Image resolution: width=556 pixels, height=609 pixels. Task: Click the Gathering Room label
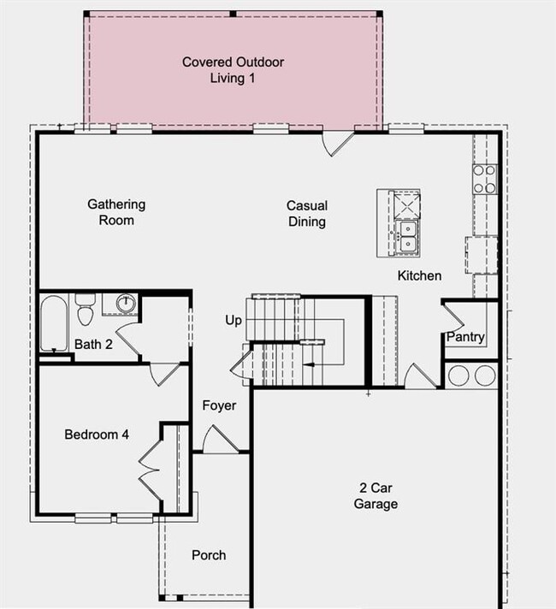116,212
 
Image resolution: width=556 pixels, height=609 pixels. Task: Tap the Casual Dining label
307,214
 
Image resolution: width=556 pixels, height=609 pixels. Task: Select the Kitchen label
419,275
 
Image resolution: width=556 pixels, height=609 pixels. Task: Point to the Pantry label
465,337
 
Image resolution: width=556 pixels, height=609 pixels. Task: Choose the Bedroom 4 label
97,435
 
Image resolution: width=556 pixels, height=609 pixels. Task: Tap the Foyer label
220,405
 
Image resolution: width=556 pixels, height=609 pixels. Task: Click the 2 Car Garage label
376,496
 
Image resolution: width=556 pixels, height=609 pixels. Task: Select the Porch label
209,555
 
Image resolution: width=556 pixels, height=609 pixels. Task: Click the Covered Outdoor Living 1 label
233,70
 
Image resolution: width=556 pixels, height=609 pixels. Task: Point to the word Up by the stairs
234,320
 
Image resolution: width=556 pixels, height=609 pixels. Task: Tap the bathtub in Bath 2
54,323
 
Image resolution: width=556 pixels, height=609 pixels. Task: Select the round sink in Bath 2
126,302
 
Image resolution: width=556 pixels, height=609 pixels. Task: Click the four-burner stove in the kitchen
485,179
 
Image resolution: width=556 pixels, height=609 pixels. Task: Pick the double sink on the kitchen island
406,236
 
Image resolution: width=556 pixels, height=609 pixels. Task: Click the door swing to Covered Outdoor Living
336,142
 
